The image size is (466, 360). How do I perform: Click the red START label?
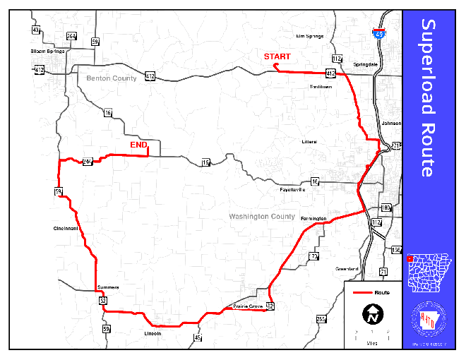(x=277, y=56)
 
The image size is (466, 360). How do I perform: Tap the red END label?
(x=138, y=145)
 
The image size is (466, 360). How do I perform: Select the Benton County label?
(x=112, y=78)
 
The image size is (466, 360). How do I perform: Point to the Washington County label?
(x=262, y=217)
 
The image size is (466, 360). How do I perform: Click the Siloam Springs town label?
(x=47, y=52)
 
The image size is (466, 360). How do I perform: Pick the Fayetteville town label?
(x=292, y=190)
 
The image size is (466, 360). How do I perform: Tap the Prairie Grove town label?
(x=248, y=306)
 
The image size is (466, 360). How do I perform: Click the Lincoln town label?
(x=153, y=332)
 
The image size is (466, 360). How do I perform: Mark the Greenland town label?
(x=347, y=269)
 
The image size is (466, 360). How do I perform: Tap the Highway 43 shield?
(x=36, y=30)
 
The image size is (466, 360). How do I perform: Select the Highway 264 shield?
(x=71, y=36)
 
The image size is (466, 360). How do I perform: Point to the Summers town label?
(x=109, y=287)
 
